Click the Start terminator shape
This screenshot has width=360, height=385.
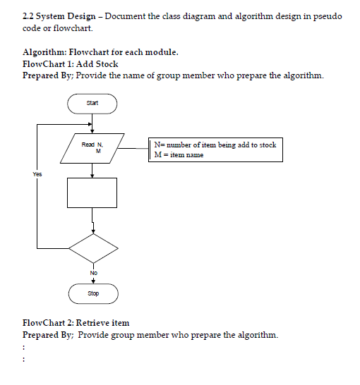click(x=92, y=104)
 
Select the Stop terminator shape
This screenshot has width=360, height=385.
click(x=92, y=293)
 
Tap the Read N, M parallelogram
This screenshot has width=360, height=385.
click(x=92, y=147)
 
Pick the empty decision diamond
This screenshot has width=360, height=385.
click(x=92, y=248)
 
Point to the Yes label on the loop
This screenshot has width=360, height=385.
click(x=37, y=173)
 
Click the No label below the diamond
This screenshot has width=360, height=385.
click(x=92, y=272)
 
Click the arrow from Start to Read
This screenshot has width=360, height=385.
click(x=92, y=123)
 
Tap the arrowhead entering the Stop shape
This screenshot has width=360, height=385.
click(x=92, y=281)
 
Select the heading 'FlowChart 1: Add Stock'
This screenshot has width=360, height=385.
click(x=71, y=63)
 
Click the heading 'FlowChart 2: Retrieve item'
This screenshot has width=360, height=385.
click(x=76, y=323)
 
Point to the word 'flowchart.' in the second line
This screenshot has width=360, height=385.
click(x=73, y=28)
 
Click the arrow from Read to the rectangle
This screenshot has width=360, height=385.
click(x=92, y=170)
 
